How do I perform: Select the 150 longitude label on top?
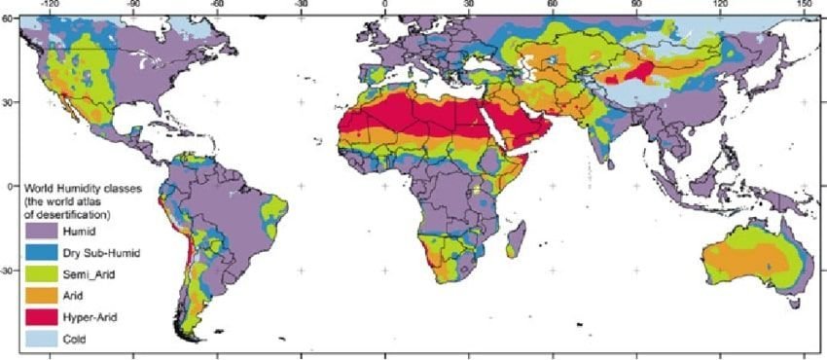[x=804, y=6]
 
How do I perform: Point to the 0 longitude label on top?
[x=385, y=6]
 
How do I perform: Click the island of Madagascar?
[x=520, y=237]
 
